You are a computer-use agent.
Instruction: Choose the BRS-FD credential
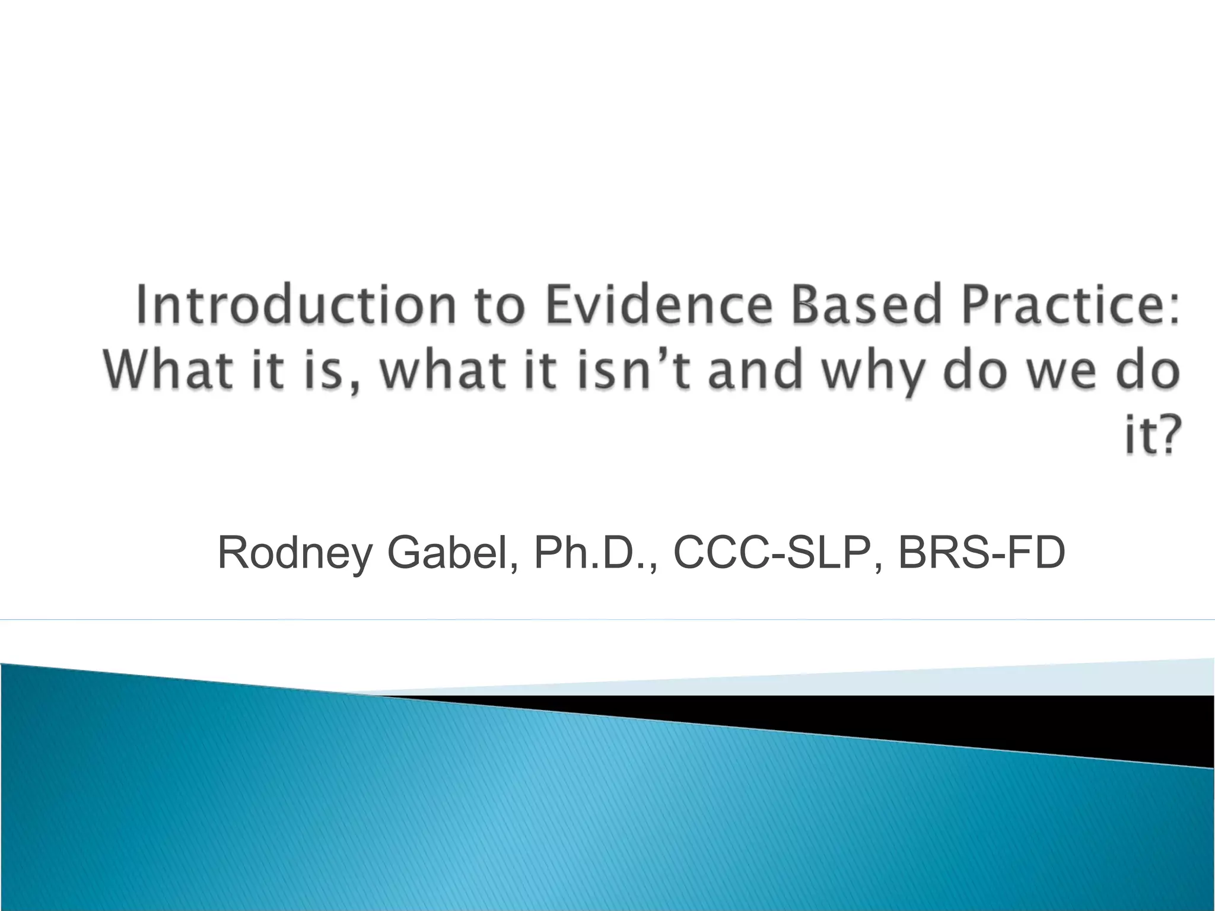pos(981,553)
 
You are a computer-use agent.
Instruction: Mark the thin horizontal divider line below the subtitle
pos(607,620)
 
